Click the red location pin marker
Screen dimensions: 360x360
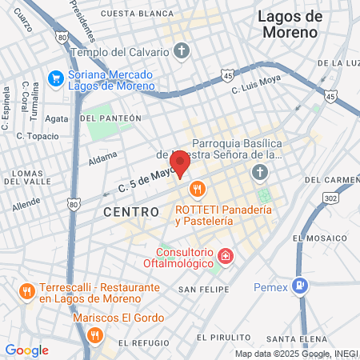pos(181,164)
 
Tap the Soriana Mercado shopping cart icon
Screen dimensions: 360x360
pos(55,78)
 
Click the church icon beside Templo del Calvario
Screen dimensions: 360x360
pos(182,52)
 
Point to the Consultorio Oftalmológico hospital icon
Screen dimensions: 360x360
pos(226,257)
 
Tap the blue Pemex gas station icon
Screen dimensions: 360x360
pos(300,284)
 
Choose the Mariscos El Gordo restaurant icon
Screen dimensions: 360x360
pos(95,334)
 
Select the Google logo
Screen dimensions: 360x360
pos(26,350)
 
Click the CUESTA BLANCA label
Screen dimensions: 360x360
pos(137,14)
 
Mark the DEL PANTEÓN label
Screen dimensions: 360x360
pos(110,118)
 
